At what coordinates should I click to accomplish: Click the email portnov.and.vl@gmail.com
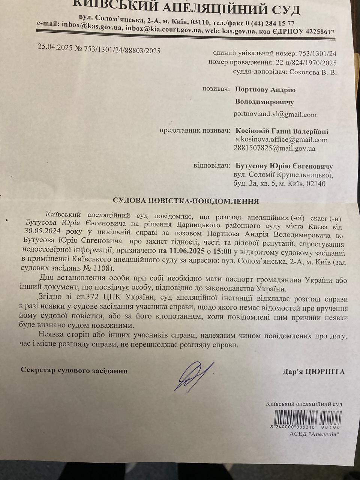coord(275,114)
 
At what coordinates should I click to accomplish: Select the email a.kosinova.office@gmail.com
coord(281,140)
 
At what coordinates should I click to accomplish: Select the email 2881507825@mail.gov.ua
coord(274,148)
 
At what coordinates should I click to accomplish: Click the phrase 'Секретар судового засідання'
coord(74,370)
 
